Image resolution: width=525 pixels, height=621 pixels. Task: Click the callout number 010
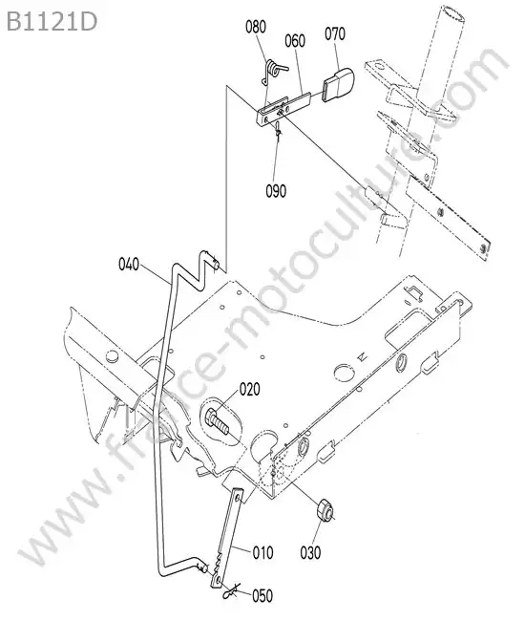point(262,552)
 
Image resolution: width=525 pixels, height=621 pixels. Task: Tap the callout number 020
point(250,389)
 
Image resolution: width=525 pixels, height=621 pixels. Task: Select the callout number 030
point(310,552)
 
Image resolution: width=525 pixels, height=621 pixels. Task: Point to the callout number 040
point(129,264)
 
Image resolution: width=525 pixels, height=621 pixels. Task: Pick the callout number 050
point(262,595)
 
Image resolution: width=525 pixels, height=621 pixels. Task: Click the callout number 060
point(295,41)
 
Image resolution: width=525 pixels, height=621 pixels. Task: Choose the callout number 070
point(335,34)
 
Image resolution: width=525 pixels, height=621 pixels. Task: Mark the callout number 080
point(256,27)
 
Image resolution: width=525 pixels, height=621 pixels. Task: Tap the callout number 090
point(276,191)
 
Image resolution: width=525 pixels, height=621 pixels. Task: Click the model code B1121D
point(52,22)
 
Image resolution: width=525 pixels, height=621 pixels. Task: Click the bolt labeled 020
point(218,421)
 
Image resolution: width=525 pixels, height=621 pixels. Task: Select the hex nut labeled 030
point(325,511)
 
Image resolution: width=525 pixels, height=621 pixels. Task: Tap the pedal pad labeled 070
point(338,84)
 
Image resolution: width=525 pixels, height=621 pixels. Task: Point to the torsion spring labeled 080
point(272,71)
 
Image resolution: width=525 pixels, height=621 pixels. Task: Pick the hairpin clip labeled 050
point(231,591)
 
